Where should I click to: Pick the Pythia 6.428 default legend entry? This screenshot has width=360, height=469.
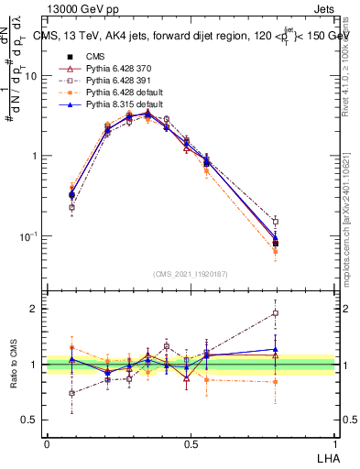point(102,93)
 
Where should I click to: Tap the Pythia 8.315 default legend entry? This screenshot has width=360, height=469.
point(102,105)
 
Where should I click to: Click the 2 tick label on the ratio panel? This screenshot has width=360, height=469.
point(35,309)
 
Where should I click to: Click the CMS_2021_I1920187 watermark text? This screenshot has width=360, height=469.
point(189,274)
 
